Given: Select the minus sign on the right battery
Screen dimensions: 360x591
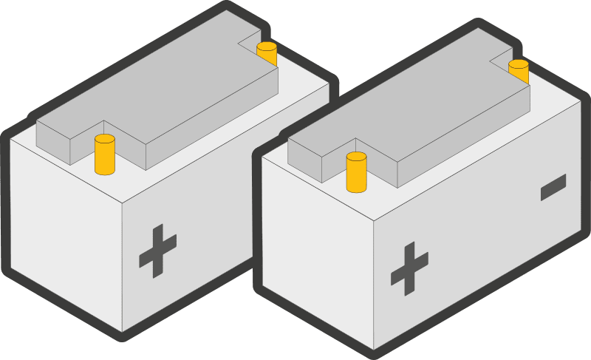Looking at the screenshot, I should pos(553,187).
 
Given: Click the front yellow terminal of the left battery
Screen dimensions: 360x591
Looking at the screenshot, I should pos(105,156).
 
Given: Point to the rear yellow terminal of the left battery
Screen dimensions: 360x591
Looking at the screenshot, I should pos(267,54).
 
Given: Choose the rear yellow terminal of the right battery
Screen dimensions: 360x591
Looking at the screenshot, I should pos(519,71).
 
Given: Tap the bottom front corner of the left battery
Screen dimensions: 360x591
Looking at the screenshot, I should pos(123,330).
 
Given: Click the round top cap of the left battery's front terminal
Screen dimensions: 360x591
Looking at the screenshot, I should pos(105,138).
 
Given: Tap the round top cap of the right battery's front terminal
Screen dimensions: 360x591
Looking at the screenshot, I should pos(357,156).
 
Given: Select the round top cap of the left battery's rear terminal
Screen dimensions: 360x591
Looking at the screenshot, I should pos(267,46).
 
